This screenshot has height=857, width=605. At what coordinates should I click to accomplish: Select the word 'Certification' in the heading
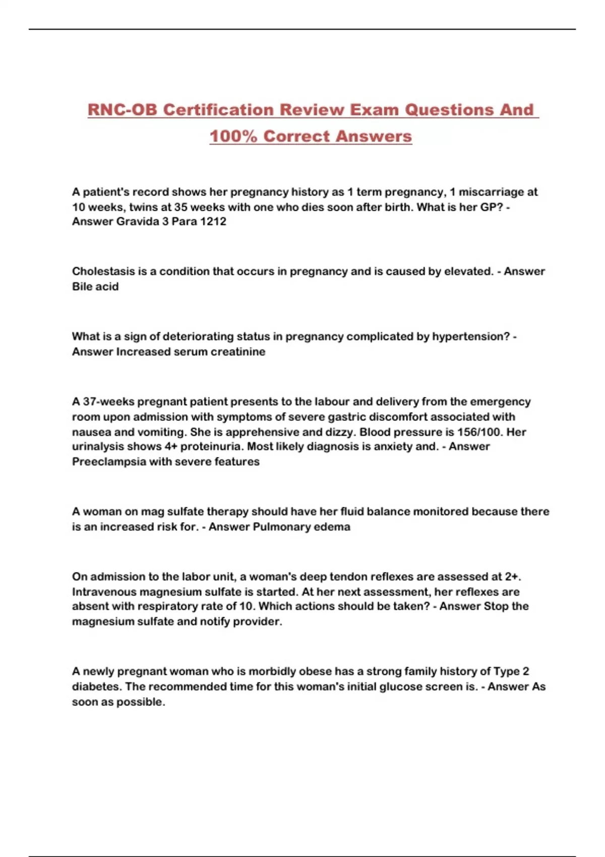point(218,110)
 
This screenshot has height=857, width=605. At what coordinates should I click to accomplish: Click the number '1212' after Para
point(213,221)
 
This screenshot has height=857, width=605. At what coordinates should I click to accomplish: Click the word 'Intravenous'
point(104,591)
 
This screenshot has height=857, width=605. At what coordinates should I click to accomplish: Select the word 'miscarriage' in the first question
point(492,192)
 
